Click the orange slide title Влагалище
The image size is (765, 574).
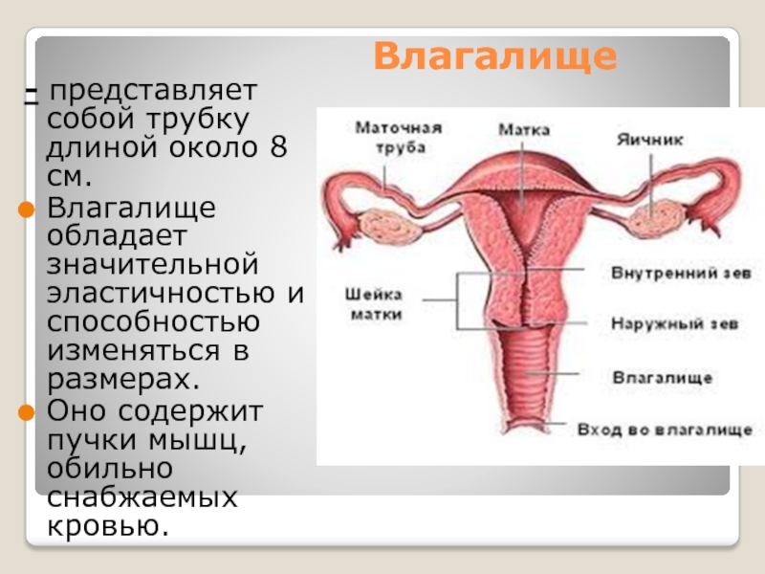pyautogui.click(x=495, y=57)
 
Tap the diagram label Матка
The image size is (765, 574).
pyautogui.click(x=524, y=130)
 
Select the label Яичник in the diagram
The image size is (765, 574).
pyautogui.click(x=650, y=140)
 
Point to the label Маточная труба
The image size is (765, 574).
pyautogui.click(x=399, y=138)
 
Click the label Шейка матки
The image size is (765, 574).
pyautogui.click(x=375, y=304)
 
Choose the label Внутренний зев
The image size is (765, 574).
pyautogui.click(x=681, y=273)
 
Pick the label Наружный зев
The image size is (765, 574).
pyautogui.click(x=675, y=323)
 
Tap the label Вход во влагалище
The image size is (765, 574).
pyautogui.click(x=665, y=430)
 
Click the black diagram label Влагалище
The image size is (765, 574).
pyautogui.click(x=662, y=378)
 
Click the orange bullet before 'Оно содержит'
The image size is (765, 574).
pyautogui.click(x=27, y=413)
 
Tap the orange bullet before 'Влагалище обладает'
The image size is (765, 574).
pyautogui.click(x=27, y=210)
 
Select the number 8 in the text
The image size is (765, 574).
pyautogui.click(x=278, y=147)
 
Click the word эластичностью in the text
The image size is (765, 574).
pyautogui.click(x=161, y=293)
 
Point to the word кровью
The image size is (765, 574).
pyautogui.click(x=108, y=525)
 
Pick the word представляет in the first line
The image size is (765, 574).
pyautogui.click(x=153, y=91)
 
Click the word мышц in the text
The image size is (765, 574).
pyautogui.click(x=197, y=441)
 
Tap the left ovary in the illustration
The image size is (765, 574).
pyautogui.click(x=390, y=227)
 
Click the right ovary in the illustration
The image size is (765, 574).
pyautogui.click(x=659, y=221)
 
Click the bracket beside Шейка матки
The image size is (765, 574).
pyautogui.click(x=458, y=300)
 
